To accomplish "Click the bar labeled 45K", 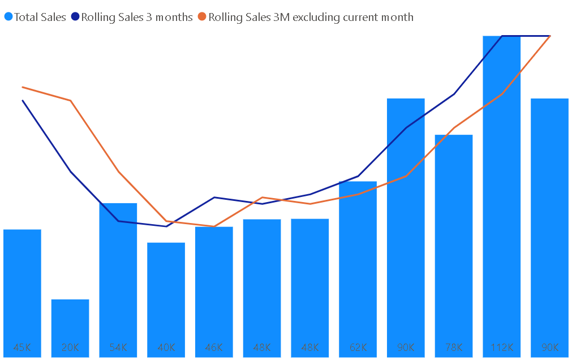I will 22,289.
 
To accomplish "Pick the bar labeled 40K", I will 166,294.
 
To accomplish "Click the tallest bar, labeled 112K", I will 501,192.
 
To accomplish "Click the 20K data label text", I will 70,347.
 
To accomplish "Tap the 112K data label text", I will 501,347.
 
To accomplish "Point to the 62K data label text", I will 358,347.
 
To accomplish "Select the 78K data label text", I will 454,347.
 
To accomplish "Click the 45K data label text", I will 22,347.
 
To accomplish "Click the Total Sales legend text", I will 40,17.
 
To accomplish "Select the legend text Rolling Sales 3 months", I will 137,17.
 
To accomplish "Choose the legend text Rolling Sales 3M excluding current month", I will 311,17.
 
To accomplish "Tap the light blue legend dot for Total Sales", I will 8,17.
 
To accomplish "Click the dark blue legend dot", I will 76,17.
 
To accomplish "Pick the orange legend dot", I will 203,17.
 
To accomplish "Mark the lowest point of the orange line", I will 214,226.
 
